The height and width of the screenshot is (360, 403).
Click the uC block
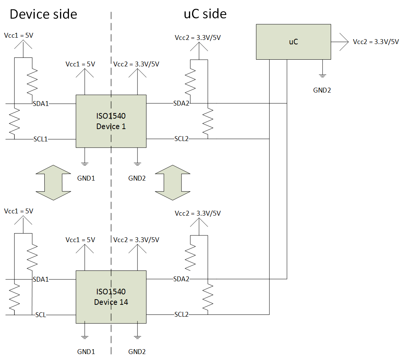(293, 42)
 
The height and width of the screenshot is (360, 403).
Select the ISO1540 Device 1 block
(111, 121)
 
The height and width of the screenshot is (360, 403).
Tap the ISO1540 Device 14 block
(111, 297)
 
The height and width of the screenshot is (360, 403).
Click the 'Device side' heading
(44, 14)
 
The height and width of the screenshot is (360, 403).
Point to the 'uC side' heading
(205, 14)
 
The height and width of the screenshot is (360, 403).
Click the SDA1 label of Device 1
(41, 104)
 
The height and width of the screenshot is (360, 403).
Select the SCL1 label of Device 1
(41, 139)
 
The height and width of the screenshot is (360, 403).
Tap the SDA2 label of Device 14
(181, 279)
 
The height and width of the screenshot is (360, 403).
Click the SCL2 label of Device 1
(182, 139)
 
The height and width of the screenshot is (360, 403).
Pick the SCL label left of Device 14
(41, 315)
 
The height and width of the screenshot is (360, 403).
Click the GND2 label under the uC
(322, 90)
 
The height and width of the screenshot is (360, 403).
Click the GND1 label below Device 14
(86, 351)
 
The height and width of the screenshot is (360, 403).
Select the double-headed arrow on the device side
(53, 182)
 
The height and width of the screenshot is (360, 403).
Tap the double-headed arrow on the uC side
(173, 182)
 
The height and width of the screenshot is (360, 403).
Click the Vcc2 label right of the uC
(376, 42)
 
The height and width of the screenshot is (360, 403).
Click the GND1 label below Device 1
(86, 178)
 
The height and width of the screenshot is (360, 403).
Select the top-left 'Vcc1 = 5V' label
(19, 35)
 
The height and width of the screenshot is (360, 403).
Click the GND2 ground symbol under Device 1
(138, 164)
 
